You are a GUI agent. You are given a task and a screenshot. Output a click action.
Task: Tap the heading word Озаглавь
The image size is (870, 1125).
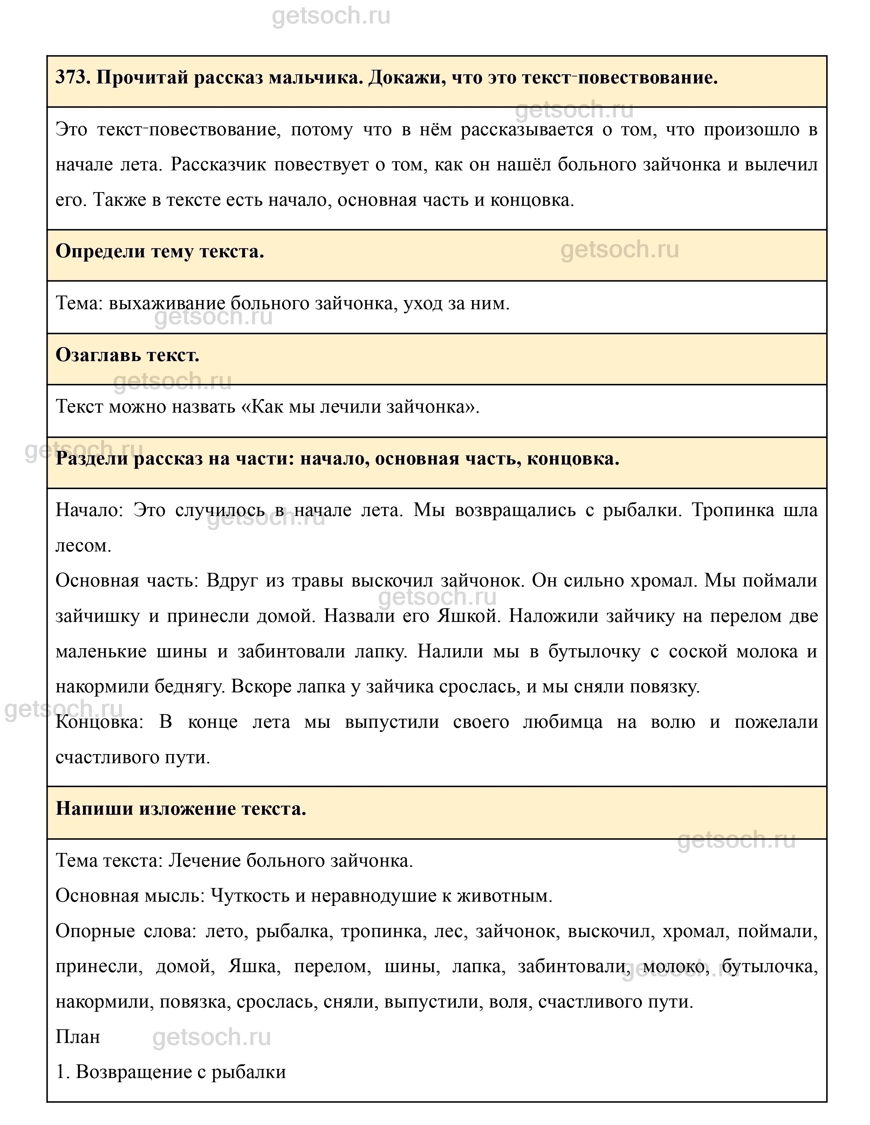pyautogui.click(x=98, y=355)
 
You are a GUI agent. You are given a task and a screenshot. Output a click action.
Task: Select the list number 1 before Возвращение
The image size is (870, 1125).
pyautogui.click(x=60, y=1072)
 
